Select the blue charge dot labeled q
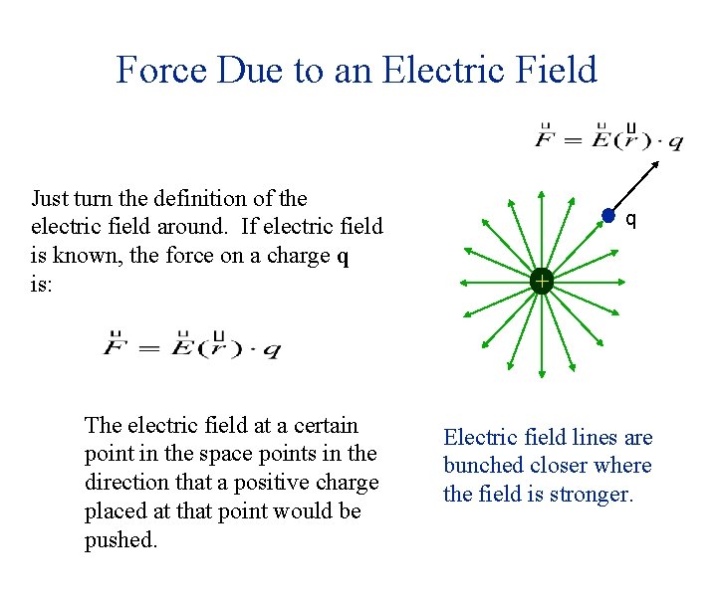pyautogui.click(x=608, y=216)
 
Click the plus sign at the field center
pyautogui.click(x=541, y=282)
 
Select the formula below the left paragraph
pyautogui.click(x=192, y=347)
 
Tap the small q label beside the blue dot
pyautogui.click(x=630, y=217)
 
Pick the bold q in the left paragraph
pyautogui.click(x=344, y=256)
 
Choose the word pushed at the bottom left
pyautogui.click(x=119, y=540)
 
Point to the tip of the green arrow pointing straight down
pyautogui.click(x=541, y=376)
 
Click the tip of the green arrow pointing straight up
pyautogui.click(x=541, y=187)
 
